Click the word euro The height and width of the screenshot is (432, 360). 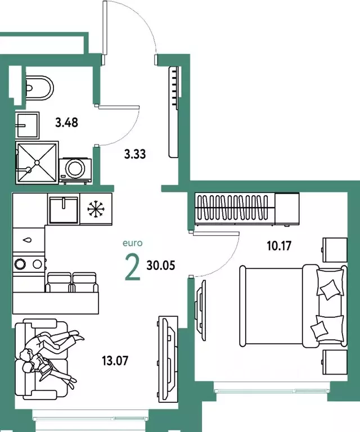pyautogui.click(x=133, y=244)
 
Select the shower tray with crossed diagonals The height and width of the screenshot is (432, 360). pyautogui.click(x=37, y=162)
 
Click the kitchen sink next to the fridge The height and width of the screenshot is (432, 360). pyautogui.click(x=64, y=209)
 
